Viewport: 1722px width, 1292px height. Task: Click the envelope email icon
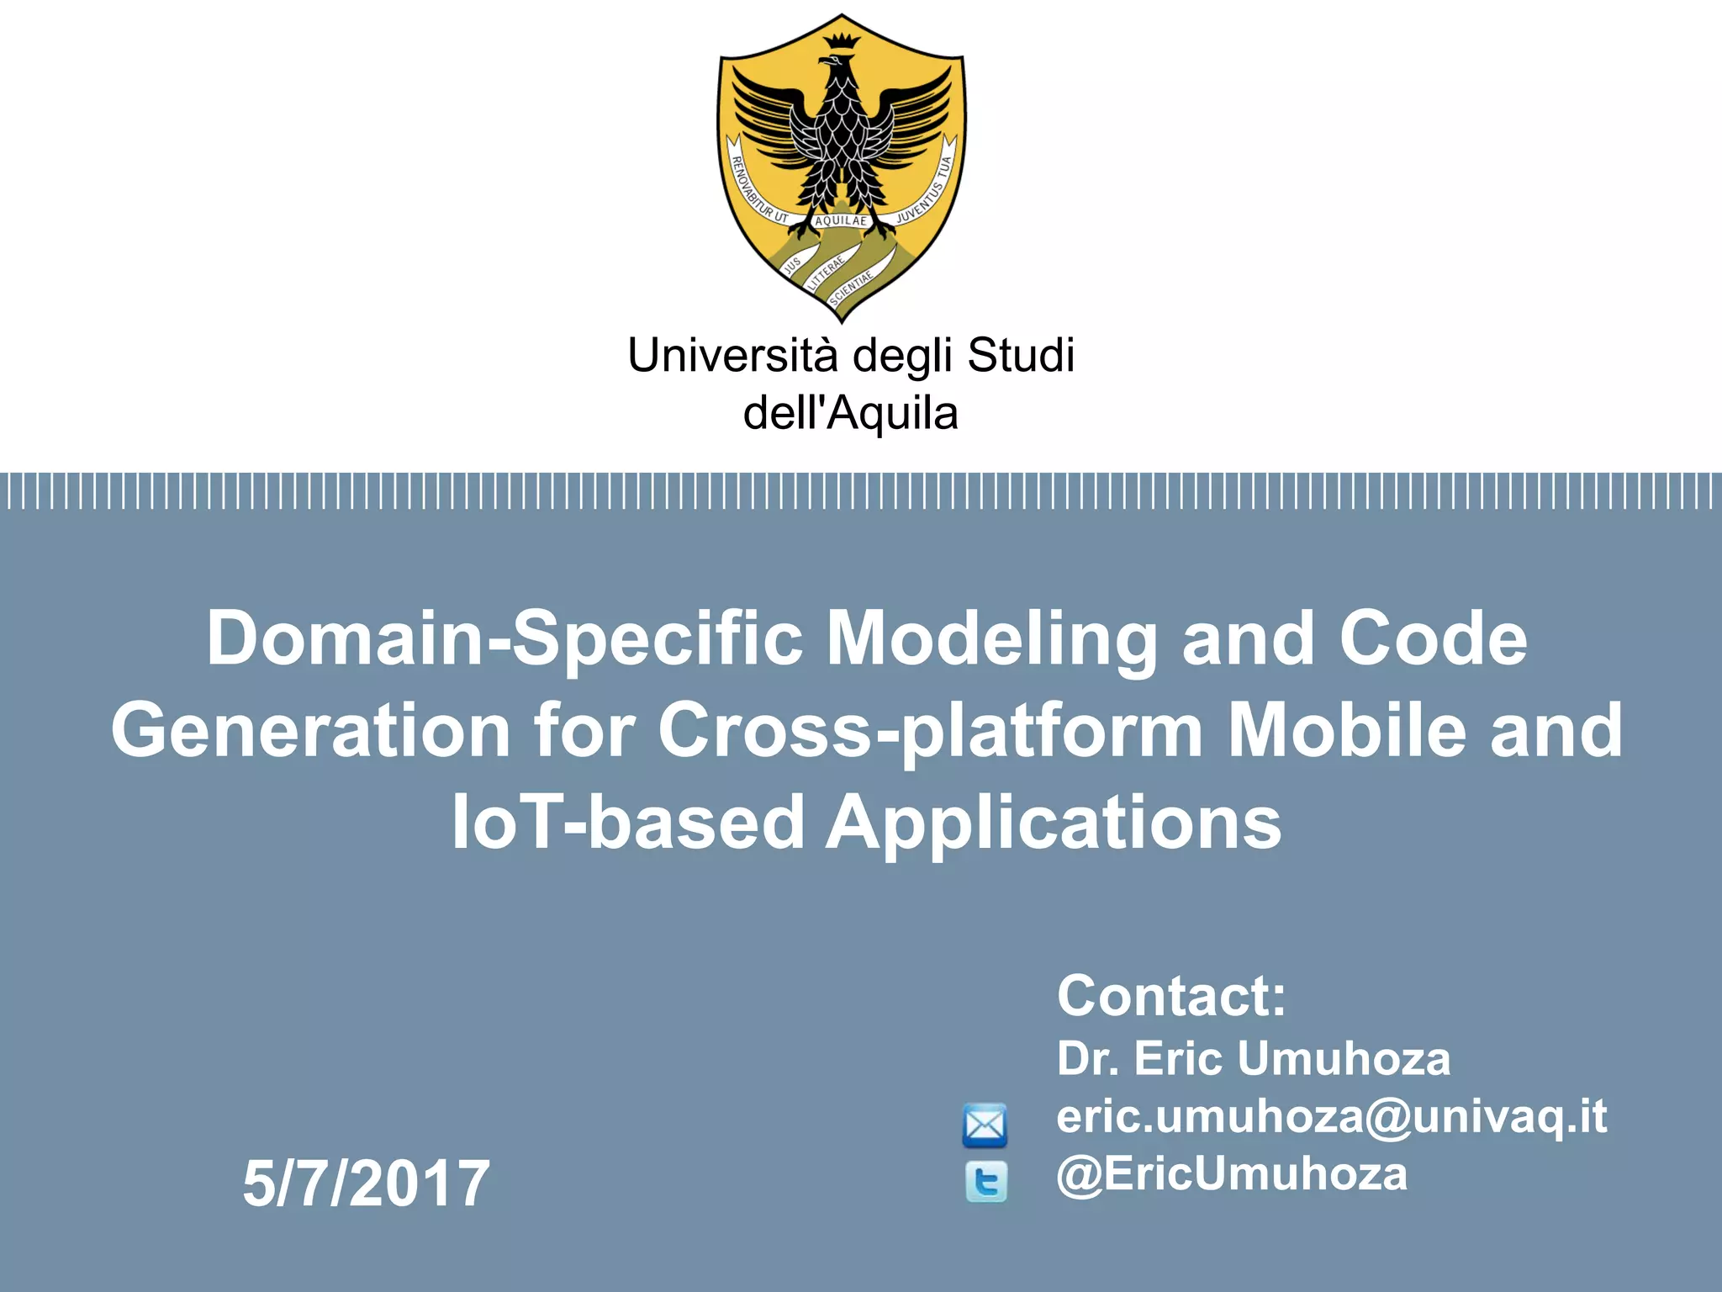(x=985, y=1125)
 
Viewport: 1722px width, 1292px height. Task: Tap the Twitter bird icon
(x=985, y=1182)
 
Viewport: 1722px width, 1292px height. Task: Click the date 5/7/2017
(x=366, y=1183)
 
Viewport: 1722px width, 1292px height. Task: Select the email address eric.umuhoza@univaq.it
(x=1331, y=1116)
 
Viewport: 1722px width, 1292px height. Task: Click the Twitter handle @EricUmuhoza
(x=1232, y=1173)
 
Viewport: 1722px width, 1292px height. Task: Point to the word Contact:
(x=1171, y=996)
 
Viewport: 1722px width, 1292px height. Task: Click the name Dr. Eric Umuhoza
(x=1253, y=1058)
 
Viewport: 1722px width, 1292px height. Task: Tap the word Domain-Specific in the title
(x=504, y=638)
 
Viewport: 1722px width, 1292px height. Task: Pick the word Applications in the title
(x=1054, y=822)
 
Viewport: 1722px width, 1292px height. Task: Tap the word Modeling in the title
(x=992, y=638)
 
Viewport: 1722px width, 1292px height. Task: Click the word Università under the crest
(x=732, y=355)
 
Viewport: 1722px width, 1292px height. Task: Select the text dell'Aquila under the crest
(x=850, y=413)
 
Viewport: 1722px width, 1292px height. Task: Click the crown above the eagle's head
(x=841, y=40)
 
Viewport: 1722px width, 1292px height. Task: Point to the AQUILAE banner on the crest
(x=841, y=220)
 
